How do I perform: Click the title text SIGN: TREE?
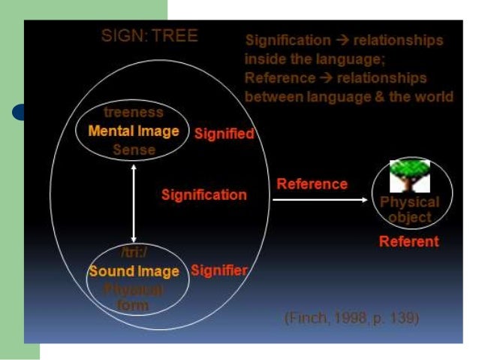pyautogui.click(x=149, y=36)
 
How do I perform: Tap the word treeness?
pyautogui.click(x=134, y=113)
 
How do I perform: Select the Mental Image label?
pyautogui.click(x=134, y=131)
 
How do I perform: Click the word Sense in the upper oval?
pyautogui.click(x=134, y=150)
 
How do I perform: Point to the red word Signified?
pyautogui.click(x=224, y=134)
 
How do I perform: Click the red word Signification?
pyautogui.click(x=204, y=195)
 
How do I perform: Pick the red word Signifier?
pyautogui.click(x=219, y=270)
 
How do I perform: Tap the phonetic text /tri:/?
pyautogui.click(x=134, y=253)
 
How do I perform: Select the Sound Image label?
pyautogui.click(x=134, y=271)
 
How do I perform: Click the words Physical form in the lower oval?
pyautogui.click(x=134, y=297)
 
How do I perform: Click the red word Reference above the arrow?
pyautogui.click(x=312, y=183)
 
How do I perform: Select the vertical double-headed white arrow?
pyautogui.click(x=134, y=202)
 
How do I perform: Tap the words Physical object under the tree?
pyautogui.click(x=410, y=210)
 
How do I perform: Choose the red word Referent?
pyautogui.click(x=409, y=241)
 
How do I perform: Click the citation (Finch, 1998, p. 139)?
pyautogui.click(x=351, y=318)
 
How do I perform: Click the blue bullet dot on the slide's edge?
pyautogui.click(x=20, y=113)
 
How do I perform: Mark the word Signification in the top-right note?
pyautogui.click(x=288, y=40)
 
